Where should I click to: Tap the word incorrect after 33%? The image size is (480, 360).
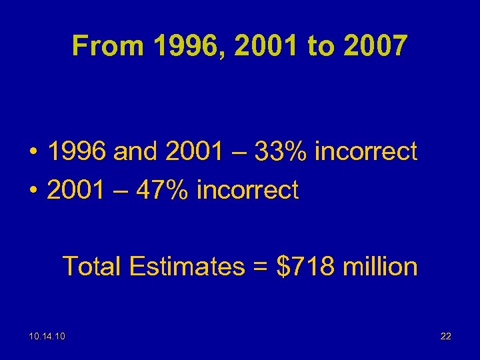[365, 151]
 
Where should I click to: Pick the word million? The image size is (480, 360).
[379, 267]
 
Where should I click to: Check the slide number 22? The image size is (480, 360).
[446, 336]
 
